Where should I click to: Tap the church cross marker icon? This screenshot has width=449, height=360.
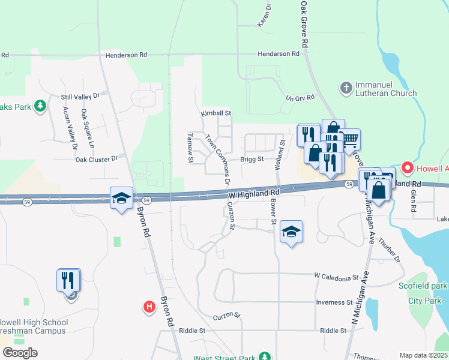pyautogui.click(x=345, y=89)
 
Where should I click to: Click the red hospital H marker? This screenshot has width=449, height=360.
pyautogui.click(x=149, y=307)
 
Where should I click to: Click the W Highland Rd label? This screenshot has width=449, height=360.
pyautogui.click(x=255, y=194)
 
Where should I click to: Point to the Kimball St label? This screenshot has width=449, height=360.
pyautogui.click(x=216, y=113)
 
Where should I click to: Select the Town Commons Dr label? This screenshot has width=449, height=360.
pyautogui.click(x=218, y=159)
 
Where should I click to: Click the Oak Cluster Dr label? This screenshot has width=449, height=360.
pyautogui.click(x=97, y=158)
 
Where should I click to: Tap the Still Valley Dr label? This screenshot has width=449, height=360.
pyautogui.click(x=84, y=96)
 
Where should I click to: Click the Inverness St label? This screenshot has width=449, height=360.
pyautogui.click(x=335, y=302)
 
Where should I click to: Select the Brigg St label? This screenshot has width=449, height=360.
pyautogui.click(x=252, y=159)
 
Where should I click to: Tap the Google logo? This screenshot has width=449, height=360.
pyautogui.click(x=19, y=352)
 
